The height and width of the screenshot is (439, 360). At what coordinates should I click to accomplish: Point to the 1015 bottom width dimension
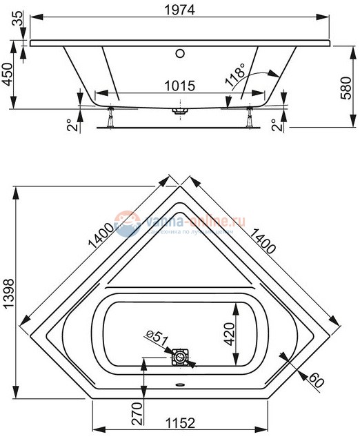point(179,86)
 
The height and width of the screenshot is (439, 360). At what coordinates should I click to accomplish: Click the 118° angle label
point(234,75)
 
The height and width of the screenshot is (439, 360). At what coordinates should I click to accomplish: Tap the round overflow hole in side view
point(181,52)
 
